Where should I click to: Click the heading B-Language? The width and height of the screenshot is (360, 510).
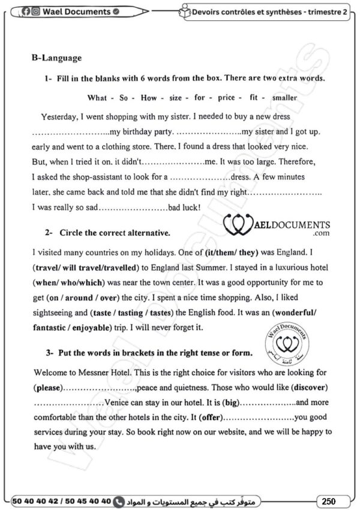tap(56, 58)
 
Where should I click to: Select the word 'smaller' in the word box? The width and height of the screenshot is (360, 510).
tap(284, 98)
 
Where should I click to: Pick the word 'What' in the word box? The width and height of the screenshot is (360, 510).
tap(97, 98)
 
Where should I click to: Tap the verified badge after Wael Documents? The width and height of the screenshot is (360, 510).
tap(116, 11)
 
